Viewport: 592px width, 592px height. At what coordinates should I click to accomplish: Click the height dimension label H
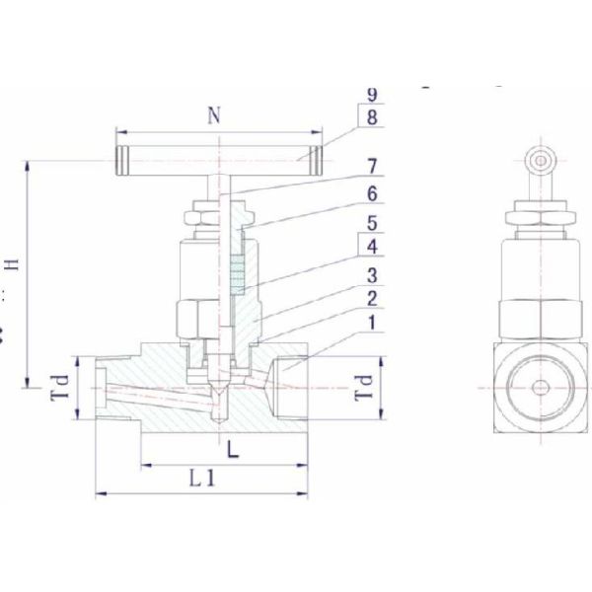click(x=13, y=263)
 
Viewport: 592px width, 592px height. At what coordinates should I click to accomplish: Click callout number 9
click(x=372, y=95)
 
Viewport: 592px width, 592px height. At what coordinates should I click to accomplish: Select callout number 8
click(x=372, y=117)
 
